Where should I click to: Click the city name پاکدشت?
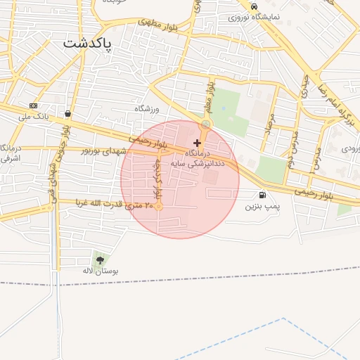point(88,42)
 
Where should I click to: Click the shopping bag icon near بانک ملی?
point(67,113)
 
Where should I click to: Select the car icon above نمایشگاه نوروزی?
point(253,6)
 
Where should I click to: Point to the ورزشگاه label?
point(148,109)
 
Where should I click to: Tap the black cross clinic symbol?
point(196,143)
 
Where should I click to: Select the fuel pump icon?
point(262,195)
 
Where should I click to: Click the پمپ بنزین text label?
point(262,207)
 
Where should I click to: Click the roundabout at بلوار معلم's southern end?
point(205,124)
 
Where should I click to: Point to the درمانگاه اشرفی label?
point(10,153)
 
